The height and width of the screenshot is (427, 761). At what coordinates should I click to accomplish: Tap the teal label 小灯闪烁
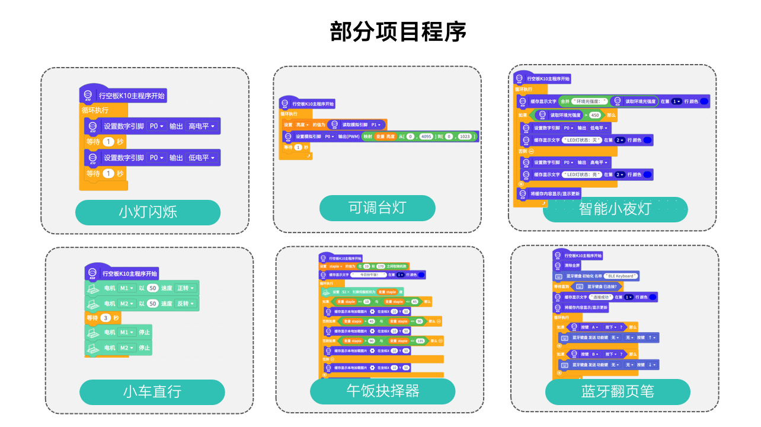[x=148, y=212]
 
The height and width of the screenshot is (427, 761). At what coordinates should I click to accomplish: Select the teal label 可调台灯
[x=377, y=208]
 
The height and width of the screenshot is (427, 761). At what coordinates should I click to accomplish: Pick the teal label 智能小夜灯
[x=615, y=209]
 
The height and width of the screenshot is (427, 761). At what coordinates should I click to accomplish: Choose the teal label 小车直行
[x=152, y=392]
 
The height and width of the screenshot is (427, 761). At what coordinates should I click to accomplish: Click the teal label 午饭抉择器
[x=382, y=391]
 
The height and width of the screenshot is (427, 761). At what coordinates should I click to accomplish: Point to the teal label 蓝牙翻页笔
[x=617, y=392]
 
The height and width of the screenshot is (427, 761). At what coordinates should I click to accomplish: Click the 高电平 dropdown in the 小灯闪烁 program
[x=202, y=126]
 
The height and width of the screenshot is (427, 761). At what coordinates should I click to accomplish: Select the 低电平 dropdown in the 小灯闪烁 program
[x=202, y=158]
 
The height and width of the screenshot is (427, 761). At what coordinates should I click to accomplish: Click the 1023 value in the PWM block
[x=465, y=136]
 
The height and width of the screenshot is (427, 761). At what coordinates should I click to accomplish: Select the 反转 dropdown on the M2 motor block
[x=184, y=304]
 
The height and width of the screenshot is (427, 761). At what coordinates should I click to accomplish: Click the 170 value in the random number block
[x=380, y=267]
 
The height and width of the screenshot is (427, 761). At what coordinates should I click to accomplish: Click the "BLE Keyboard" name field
[x=618, y=276]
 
